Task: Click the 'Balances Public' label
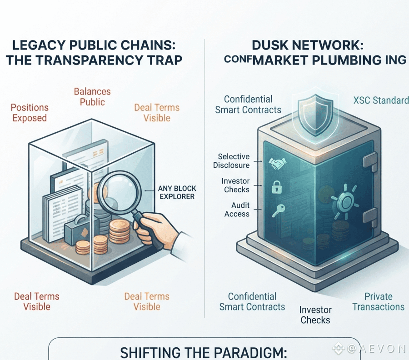click(92, 97)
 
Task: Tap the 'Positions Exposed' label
click(30, 113)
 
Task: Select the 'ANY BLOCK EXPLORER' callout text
click(177, 192)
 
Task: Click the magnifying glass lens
click(120, 193)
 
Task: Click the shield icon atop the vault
click(315, 115)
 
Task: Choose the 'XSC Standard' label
click(381, 100)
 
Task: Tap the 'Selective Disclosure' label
click(231, 161)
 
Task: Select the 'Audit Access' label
click(237, 210)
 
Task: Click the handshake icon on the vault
click(277, 164)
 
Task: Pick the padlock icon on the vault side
click(277, 187)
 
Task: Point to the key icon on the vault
click(278, 210)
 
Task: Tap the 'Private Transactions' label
click(378, 301)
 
